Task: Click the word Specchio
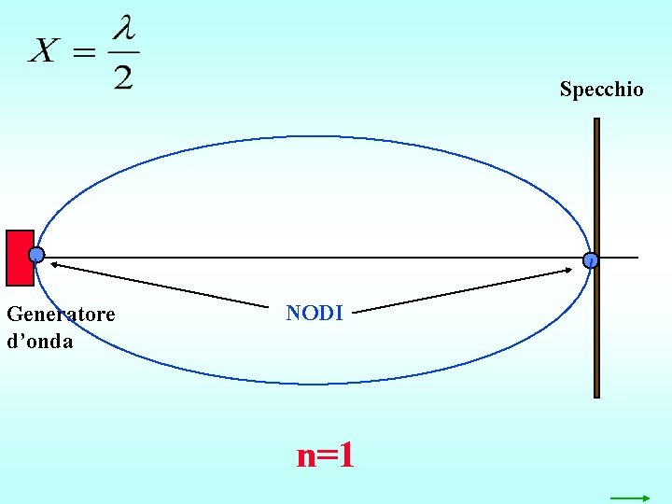[601, 90]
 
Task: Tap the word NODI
[315, 314]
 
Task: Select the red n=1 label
[325, 455]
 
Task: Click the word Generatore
[61, 315]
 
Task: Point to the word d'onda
[39, 341]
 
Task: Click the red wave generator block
[18, 257]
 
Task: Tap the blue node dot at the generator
[36, 255]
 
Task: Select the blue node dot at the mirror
[591, 261]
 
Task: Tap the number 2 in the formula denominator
[123, 76]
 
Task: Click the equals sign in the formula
[84, 52]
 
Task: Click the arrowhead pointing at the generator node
[54, 266]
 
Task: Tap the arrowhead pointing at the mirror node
[567, 272]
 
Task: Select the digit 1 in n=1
[345, 455]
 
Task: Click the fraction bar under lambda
[124, 52]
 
